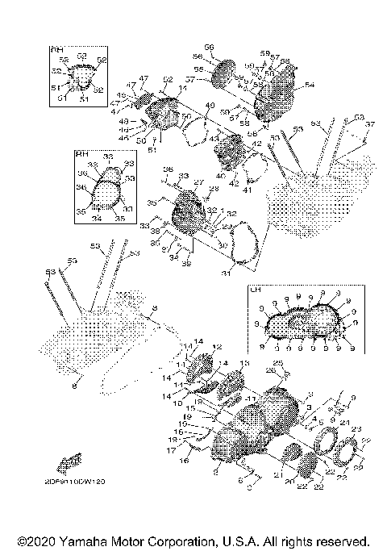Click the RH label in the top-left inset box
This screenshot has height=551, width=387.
pos(57,51)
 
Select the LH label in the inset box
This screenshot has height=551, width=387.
pos(255,289)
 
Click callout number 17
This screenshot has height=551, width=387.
pos(171,450)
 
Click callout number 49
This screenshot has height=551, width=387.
pos(210,106)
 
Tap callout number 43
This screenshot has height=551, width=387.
pos(214,139)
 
